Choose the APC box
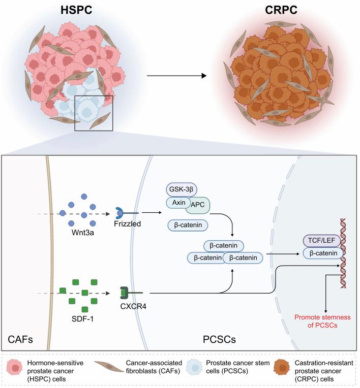coord(200,205)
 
